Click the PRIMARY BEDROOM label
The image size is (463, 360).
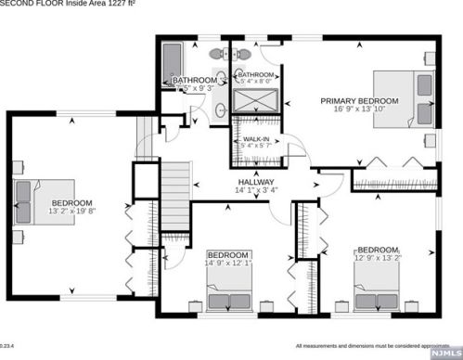(359, 100)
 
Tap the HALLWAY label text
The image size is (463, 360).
(256, 182)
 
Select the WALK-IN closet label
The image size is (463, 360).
(256, 137)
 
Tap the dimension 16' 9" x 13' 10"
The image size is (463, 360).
(359, 109)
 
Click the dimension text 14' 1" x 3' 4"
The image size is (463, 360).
(256, 191)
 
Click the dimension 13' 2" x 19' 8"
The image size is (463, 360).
(71, 212)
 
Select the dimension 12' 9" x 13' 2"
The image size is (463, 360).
(379, 258)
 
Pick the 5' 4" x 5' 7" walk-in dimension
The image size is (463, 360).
(256, 146)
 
